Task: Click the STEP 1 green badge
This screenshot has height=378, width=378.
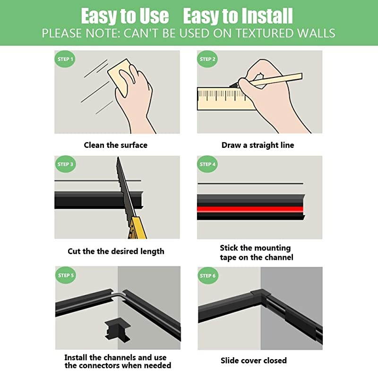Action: (x=65, y=60)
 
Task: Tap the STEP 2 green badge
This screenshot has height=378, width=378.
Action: (x=208, y=60)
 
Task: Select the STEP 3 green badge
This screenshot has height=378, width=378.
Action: (x=65, y=164)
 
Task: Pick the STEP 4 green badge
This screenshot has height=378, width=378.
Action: (x=208, y=164)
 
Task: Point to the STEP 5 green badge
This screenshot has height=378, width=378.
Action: (x=65, y=275)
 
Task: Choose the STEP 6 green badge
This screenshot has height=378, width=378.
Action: (x=208, y=275)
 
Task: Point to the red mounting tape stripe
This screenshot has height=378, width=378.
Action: (x=250, y=208)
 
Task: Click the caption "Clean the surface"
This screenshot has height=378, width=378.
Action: (x=116, y=145)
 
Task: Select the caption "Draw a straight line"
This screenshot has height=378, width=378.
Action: (x=258, y=145)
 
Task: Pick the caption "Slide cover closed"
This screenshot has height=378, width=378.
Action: (x=254, y=361)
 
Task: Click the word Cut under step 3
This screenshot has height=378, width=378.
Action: (x=74, y=251)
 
